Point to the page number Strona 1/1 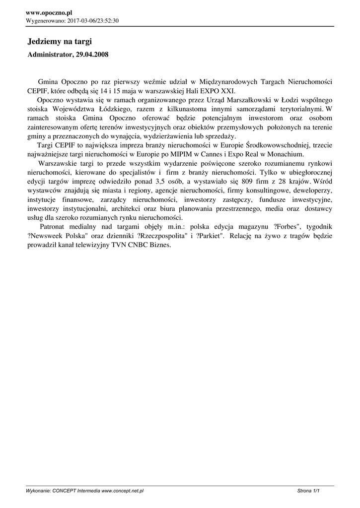pyautogui.click(x=308, y=491)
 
